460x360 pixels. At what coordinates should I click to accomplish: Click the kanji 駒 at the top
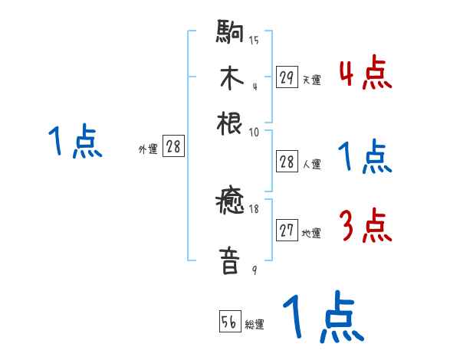click(x=230, y=35)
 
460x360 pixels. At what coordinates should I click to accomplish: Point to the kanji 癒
click(x=230, y=205)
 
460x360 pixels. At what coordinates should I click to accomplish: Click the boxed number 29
click(x=287, y=77)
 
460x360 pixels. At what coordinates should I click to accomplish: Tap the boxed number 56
click(x=229, y=322)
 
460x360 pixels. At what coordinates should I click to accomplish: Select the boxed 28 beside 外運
click(x=173, y=147)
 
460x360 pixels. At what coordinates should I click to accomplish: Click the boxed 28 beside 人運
click(x=287, y=162)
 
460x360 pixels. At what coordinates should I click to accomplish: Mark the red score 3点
click(x=365, y=227)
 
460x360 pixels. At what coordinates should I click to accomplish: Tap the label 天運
click(x=311, y=80)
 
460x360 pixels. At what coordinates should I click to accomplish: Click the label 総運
click(x=255, y=324)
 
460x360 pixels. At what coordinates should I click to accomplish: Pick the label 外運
click(x=148, y=149)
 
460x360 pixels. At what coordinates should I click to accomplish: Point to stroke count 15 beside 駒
click(x=254, y=41)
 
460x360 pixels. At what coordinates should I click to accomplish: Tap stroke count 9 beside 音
click(x=254, y=270)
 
